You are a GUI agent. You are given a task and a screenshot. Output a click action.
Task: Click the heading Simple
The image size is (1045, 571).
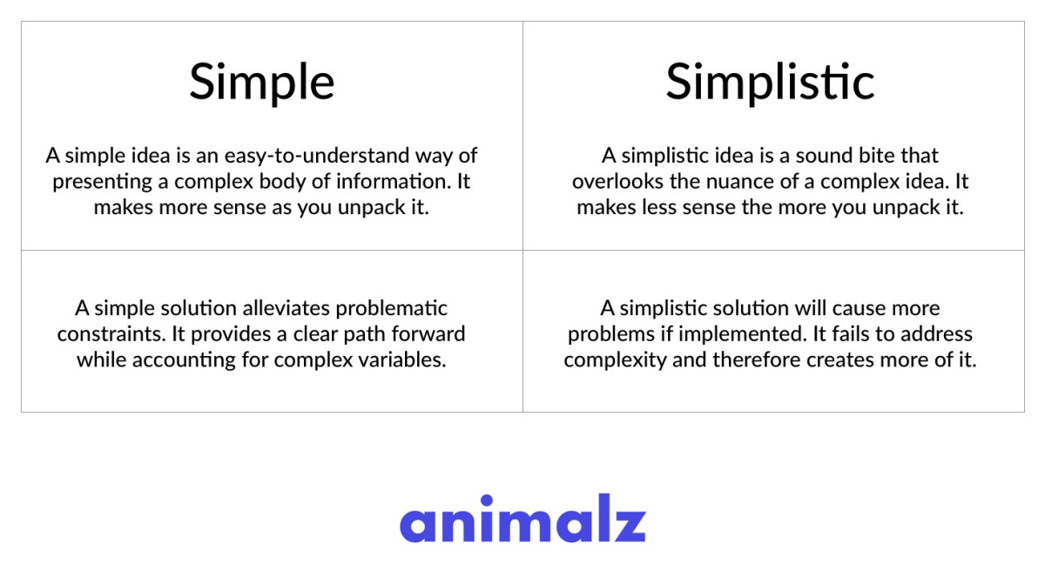point(262,83)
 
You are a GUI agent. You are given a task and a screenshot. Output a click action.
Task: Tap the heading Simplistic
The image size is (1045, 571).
point(770,82)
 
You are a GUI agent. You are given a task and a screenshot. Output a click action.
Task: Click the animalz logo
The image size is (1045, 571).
point(522,518)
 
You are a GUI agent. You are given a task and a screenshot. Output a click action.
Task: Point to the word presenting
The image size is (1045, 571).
point(103,182)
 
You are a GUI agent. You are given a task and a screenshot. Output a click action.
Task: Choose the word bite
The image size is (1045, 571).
point(877,156)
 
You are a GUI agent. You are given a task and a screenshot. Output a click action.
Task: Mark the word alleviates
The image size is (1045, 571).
point(286,309)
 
